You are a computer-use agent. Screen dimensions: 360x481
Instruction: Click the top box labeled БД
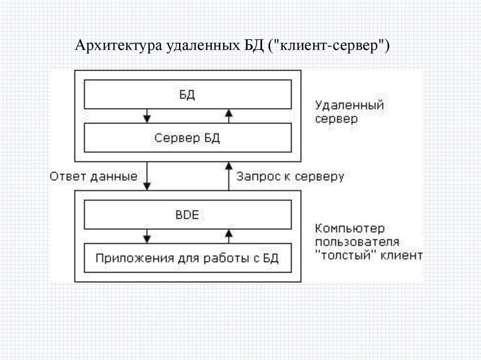pos(187,94)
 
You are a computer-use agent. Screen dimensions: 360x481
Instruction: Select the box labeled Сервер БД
pos(187,138)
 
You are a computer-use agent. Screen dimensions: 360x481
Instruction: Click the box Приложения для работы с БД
pos(187,258)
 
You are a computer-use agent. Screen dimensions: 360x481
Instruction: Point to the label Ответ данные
pos(94,177)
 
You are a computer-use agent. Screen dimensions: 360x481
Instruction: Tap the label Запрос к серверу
pos(290,177)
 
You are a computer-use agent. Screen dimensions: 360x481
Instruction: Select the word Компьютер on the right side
pos(350,229)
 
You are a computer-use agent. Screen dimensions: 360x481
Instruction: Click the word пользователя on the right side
pos(357,243)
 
